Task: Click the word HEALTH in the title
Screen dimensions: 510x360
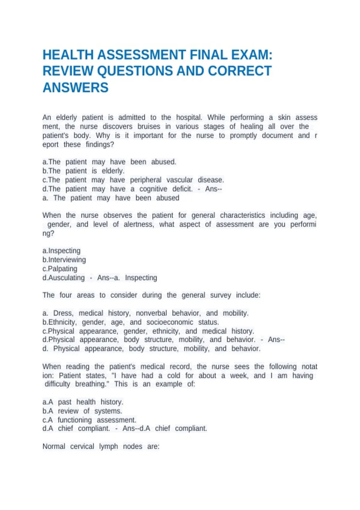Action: pos(68,55)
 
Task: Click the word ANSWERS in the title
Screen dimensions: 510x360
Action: pos(75,88)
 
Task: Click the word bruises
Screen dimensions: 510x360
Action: pos(149,126)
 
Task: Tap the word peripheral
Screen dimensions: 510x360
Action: pos(145,180)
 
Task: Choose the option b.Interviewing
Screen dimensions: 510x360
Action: pos(64,259)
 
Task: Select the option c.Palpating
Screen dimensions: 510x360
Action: pos(60,268)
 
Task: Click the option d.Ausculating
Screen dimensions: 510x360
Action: pos(64,277)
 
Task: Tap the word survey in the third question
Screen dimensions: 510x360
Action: pos(220,295)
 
